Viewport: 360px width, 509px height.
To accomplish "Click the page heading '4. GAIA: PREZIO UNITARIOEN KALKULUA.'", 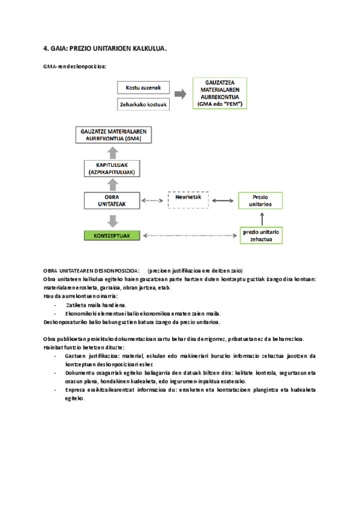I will (x=105, y=47).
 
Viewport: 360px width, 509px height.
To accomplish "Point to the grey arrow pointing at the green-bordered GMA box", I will (x=180, y=94).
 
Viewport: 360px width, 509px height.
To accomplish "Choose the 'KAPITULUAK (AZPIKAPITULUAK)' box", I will (x=110, y=168).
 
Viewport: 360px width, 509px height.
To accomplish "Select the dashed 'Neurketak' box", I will (x=188, y=200).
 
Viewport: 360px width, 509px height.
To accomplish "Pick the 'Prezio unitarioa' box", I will (x=260, y=200).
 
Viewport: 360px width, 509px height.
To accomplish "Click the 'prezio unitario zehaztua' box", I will (x=260, y=235).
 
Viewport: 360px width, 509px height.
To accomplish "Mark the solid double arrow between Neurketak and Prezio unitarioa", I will (x=223, y=200).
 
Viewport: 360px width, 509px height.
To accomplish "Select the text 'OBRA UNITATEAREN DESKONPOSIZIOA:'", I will (x=92, y=270).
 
